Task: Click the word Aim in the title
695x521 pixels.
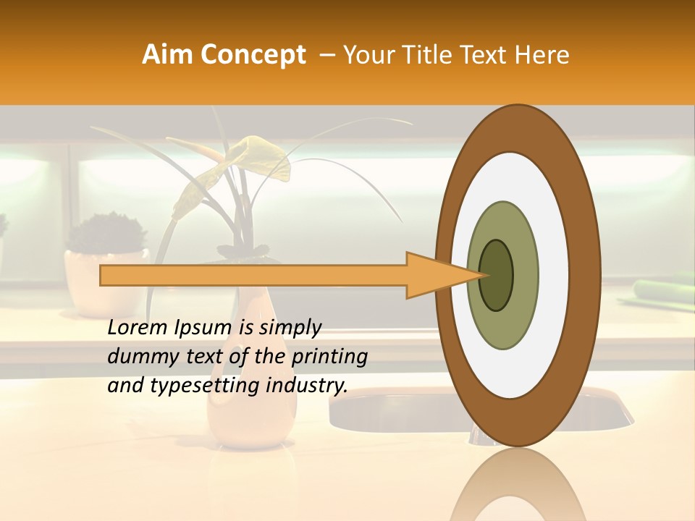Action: point(167,55)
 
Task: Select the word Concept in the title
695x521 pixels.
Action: point(252,55)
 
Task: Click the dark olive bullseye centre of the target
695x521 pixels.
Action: point(496,275)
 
